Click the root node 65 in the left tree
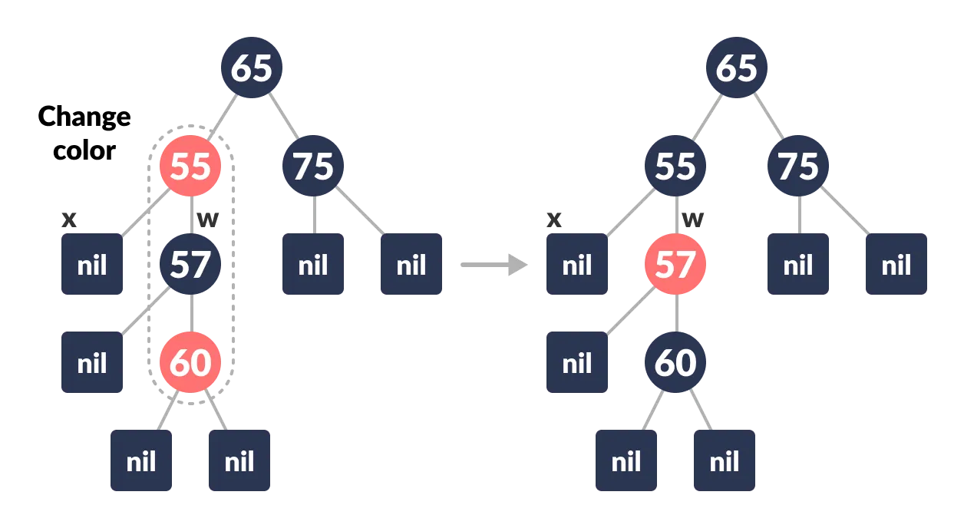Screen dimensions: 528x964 252,68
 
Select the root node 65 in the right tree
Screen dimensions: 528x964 737,68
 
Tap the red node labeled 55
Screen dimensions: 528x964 190,166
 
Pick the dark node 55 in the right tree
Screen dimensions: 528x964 675,166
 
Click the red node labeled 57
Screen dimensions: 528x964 675,264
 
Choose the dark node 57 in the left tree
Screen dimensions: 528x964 190,264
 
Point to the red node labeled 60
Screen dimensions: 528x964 190,362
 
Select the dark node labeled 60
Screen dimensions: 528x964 675,362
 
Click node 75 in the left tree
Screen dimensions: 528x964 313,166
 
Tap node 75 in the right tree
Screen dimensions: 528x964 798,166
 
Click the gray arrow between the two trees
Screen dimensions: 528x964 494,265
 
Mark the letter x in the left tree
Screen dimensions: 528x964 69,219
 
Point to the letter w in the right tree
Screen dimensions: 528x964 692,219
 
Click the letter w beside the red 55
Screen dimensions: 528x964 207,219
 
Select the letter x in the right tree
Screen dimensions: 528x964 554,219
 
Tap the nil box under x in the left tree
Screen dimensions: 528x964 92,264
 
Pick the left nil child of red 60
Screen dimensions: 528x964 141,460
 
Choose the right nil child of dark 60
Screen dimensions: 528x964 725,460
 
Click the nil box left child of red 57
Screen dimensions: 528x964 577,362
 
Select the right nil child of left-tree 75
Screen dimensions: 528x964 411,264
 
